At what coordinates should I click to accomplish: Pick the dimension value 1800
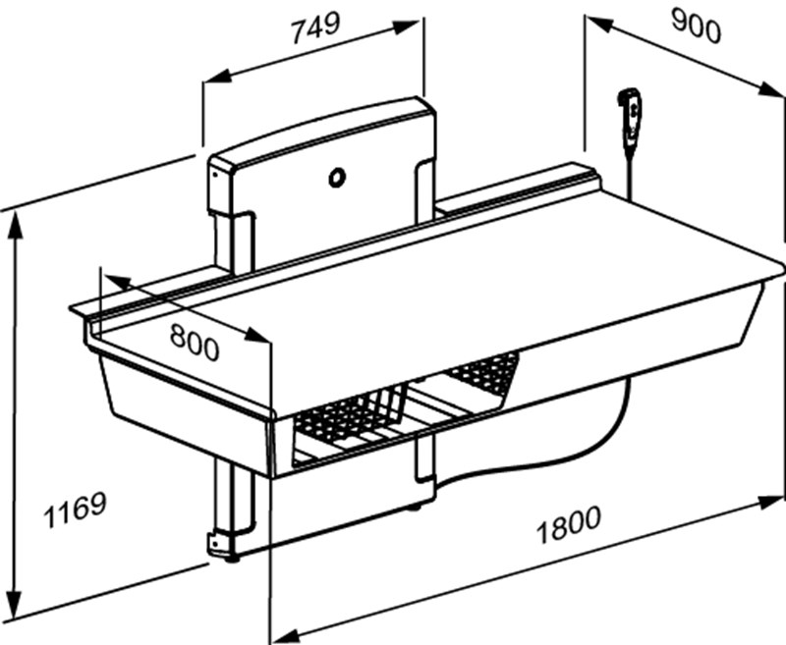[568, 523]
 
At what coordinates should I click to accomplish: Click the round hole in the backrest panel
[337, 178]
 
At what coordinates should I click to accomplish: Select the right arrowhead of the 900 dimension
[778, 93]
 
